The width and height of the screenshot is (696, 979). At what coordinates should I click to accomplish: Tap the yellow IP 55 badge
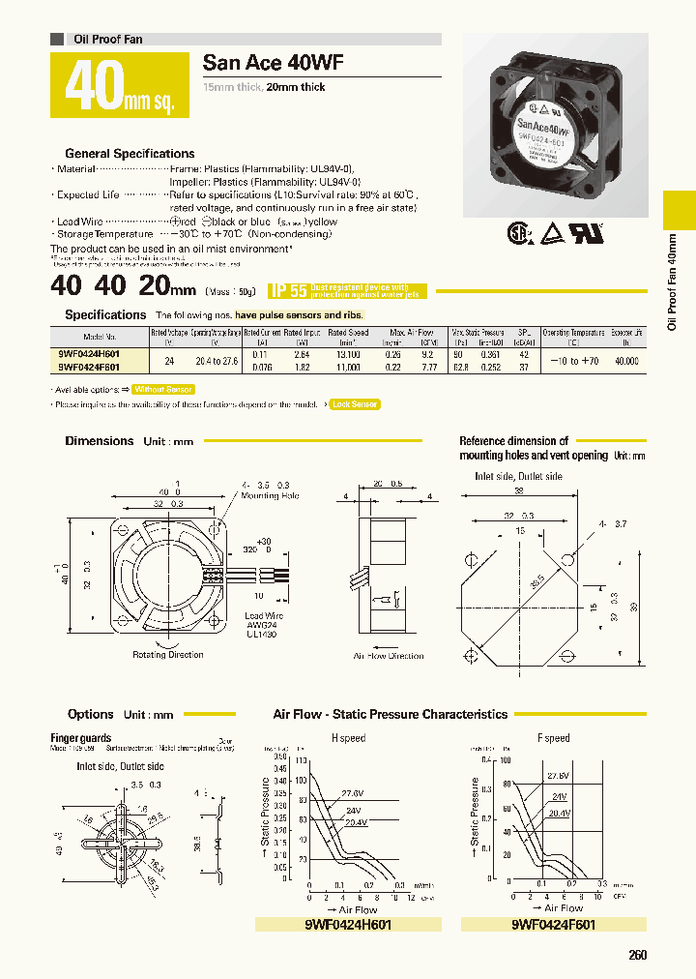288,289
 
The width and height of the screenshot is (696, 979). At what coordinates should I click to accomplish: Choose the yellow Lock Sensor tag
354,404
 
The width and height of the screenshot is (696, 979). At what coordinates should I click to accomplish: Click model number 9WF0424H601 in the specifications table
89,354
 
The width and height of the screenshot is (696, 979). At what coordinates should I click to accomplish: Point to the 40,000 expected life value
627,360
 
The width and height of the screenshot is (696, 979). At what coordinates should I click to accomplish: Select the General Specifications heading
130,153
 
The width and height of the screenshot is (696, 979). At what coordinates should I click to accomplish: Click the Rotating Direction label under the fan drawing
168,655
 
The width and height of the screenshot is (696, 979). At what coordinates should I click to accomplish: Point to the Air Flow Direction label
389,656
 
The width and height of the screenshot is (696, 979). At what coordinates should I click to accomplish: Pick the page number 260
638,955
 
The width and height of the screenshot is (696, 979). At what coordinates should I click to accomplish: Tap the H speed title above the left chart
348,738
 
